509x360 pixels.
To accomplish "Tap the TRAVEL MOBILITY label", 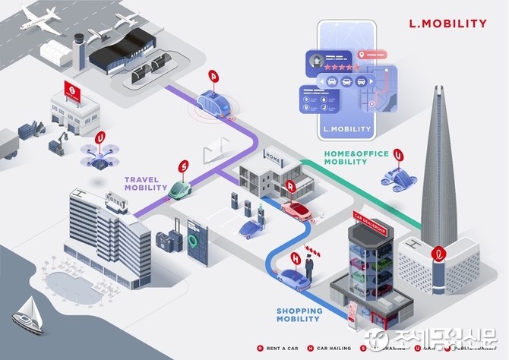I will tap(146, 184).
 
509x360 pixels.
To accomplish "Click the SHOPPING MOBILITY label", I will tap(299, 314).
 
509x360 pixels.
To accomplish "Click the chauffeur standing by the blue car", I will tap(310, 269).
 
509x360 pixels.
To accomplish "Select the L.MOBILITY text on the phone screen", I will tap(346, 129).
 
